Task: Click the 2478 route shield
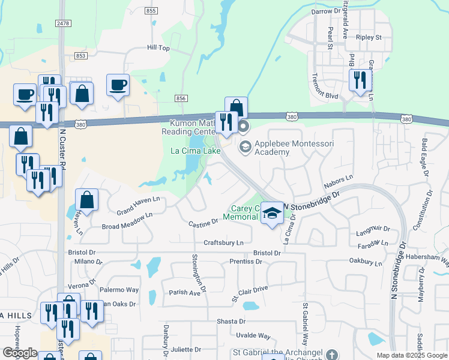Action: [62, 23]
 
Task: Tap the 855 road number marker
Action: [151, 11]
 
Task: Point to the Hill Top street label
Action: [159, 47]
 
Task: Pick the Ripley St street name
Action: [369, 37]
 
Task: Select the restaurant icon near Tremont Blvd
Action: [359, 80]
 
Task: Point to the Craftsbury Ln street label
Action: [223, 242]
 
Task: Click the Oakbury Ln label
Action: [366, 262]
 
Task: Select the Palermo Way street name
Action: [119, 290]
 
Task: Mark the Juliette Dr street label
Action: [185, 349]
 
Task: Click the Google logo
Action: [20, 353]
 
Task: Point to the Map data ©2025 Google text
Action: [412, 355]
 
